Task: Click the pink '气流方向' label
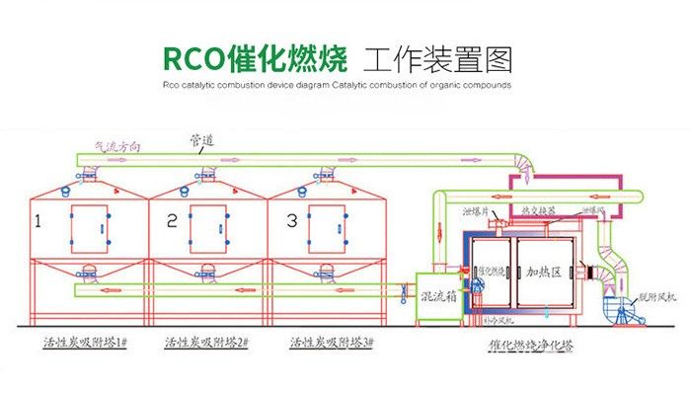(x=116, y=146)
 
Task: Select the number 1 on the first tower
(x=38, y=223)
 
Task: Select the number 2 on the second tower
(x=172, y=223)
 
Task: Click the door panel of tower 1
(x=89, y=228)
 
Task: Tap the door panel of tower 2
(x=208, y=228)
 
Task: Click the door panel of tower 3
(x=327, y=228)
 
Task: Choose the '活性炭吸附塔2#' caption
(x=214, y=342)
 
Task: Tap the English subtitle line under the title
(x=336, y=86)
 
